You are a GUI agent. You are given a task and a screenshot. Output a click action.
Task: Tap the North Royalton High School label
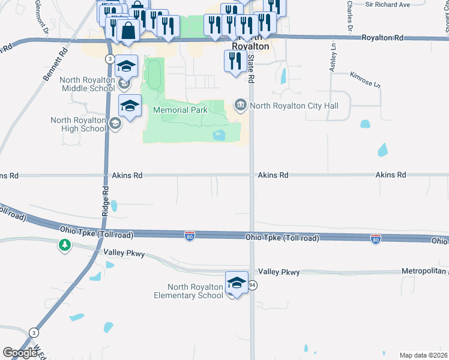(x=78, y=124)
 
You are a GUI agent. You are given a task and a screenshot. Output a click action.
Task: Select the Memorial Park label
(x=180, y=110)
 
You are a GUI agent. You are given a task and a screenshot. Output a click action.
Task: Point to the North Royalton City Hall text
(x=294, y=106)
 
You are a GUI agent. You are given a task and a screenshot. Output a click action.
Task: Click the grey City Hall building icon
(x=241, y=106)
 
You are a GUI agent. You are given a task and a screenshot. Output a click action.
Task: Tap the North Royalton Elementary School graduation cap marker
(x=237, y=283)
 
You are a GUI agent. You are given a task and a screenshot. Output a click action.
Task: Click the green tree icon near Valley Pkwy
(x=65, y=245)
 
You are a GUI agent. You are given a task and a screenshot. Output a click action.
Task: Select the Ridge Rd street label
(x=105, y=201)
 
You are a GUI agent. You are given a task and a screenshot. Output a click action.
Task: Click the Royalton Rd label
(x=382, y=38)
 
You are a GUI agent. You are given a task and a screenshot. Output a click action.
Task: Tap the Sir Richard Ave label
(x=387, y=4)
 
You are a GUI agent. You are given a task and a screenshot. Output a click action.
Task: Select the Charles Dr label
(x=349, y=15)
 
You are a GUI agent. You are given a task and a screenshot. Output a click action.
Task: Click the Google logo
(x=20, y=352)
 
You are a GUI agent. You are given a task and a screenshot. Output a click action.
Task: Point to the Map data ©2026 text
(x=424, y=355)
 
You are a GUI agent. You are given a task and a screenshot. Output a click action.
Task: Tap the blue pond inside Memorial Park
(x=218, y=135)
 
